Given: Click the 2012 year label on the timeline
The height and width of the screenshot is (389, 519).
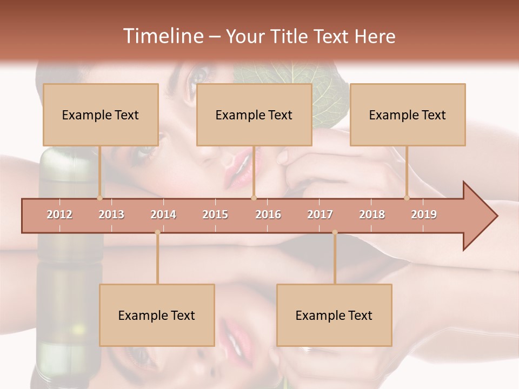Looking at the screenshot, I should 59,214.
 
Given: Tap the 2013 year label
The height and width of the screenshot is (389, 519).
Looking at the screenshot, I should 111,214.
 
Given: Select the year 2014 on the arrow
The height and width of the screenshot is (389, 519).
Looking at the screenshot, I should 163,214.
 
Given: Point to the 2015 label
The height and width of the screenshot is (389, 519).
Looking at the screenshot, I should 215,214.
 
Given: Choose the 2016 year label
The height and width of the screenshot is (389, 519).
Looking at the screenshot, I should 268,214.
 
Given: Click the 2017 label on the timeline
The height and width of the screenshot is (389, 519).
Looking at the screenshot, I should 320,214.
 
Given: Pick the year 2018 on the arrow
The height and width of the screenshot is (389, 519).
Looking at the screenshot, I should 372,214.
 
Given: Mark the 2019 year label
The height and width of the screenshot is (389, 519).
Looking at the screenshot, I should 424,214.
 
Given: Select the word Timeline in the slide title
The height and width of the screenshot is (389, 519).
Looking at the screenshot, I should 162,36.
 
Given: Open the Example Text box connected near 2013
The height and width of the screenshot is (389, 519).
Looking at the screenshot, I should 101,115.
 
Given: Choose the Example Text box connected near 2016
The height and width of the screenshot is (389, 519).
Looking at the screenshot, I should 254,115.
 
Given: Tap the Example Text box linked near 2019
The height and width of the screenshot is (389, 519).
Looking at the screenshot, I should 408,115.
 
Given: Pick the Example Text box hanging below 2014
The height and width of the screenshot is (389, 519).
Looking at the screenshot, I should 157,316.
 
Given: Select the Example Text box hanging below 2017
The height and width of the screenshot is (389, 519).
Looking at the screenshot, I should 334,316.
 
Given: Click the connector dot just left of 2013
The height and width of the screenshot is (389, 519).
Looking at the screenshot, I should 99,198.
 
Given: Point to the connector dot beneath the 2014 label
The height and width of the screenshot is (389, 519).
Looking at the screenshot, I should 157,232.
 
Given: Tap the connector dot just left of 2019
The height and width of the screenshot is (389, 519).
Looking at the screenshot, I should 407,198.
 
